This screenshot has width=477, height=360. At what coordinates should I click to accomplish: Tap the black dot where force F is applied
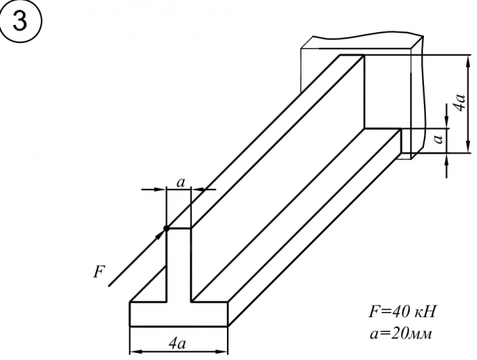point(166,228)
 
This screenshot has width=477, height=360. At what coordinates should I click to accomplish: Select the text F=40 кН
point(402,312)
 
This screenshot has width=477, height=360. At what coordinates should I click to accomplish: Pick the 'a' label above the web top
point(180,183)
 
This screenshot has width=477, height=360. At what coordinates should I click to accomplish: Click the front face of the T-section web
point(178,265)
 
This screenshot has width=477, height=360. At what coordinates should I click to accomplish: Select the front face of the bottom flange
point(178,314)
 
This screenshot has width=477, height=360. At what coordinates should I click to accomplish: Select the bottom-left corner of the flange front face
point(130,326)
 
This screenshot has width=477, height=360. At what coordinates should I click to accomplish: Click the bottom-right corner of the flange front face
point(228,326)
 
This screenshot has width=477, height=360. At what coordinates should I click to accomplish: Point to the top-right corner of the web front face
point(191,228)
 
